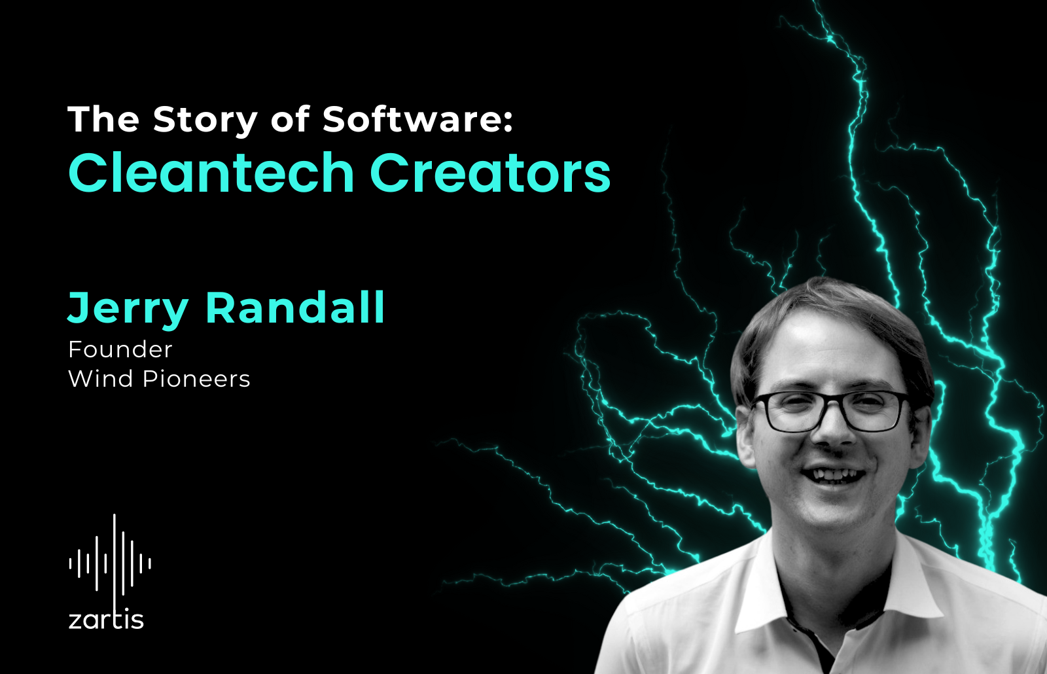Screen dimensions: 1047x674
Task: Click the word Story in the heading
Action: pyautogui.click(x=205, y=121)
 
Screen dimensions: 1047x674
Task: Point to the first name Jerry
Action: pyautogui.click(x=128, y=309)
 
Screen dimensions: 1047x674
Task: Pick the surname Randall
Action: pyautogui.click(x=295, y=307)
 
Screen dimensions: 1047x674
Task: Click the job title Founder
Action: pyautogui.click(x=120, y=349)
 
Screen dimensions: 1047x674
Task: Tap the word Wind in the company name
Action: pyautogui.click(x=101, y=378)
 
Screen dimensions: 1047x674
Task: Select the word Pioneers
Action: pyautogui.click(x=196, y=378)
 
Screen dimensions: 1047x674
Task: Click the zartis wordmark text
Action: pyautogui.click(x=106, y=620)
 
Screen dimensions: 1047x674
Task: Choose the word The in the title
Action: pyautogui.click(x=104, y=119)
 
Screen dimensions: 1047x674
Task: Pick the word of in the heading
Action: pyautogui.click(x=290, y=119)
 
